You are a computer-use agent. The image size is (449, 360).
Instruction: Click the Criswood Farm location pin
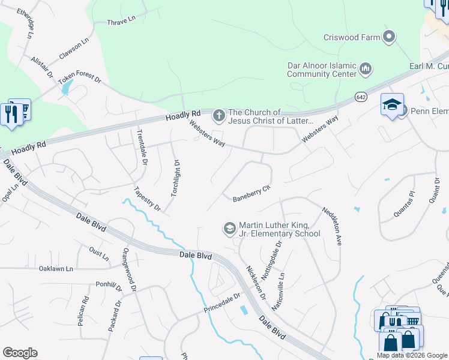[x=390, y=37]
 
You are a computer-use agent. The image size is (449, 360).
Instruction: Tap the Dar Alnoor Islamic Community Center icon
[x=366, y=70]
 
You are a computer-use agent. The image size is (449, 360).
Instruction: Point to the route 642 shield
[x=360, y=97]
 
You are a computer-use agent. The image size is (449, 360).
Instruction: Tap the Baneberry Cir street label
[x=252, y=193]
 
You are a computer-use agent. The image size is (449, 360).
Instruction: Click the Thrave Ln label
[x=122, y=22]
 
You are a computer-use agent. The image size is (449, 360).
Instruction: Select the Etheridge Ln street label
[x=26, y=23]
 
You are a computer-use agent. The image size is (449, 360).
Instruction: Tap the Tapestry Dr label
[x=147, y=197]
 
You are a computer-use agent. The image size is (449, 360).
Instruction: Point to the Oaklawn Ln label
[x=55, y=268]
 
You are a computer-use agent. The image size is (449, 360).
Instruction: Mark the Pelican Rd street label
[x=82, y=311]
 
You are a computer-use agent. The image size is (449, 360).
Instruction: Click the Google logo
[x=20, y=353]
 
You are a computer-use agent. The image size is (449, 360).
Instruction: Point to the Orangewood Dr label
[x=130, y=269]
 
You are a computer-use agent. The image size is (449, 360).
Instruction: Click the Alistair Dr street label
[x=42, y=67]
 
